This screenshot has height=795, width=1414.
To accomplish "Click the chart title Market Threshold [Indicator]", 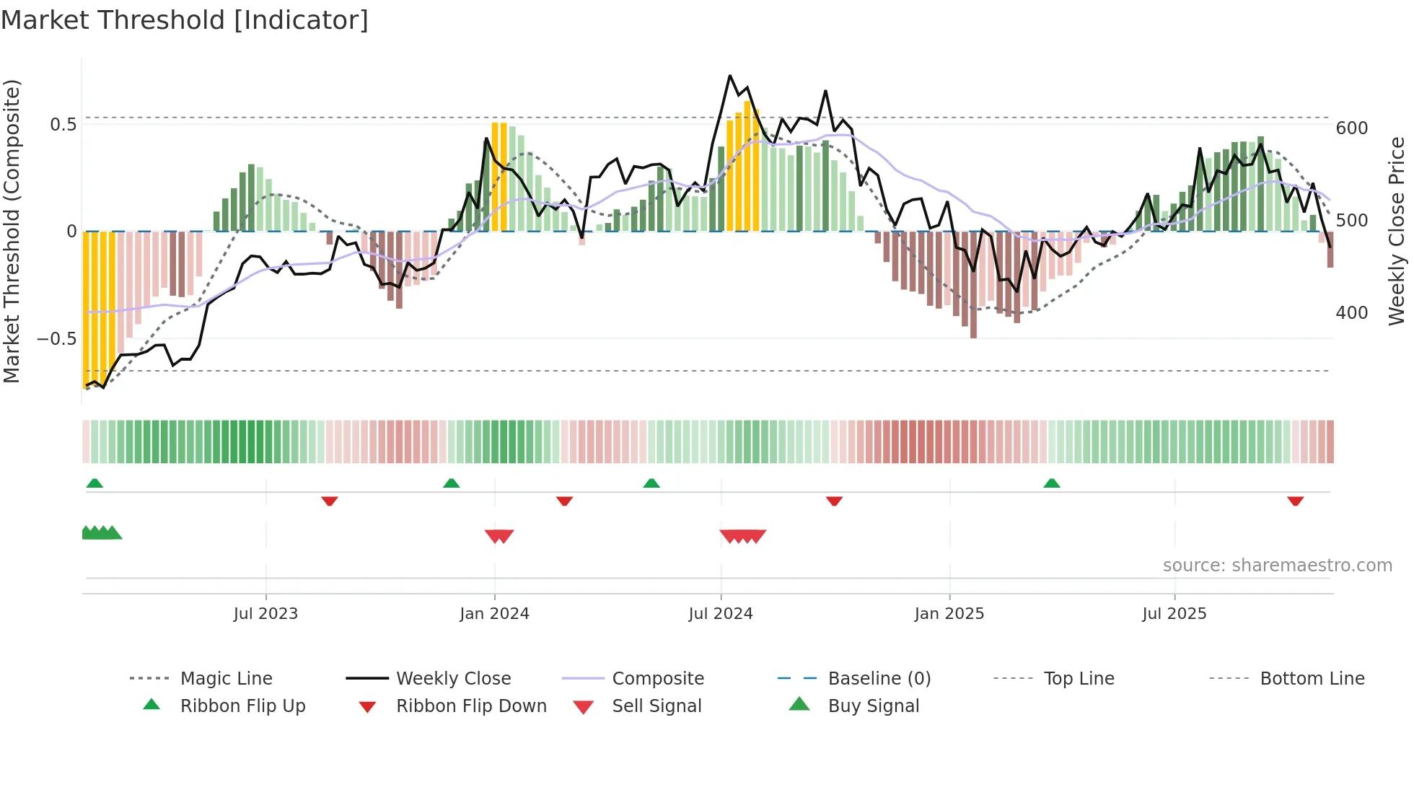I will [x=185, y=20].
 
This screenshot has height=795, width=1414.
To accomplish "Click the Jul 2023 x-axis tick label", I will [x=265, y=614].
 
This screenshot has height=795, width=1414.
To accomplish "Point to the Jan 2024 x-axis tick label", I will [x=494, y=614].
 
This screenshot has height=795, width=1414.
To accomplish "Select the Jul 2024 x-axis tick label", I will [x=720, y=614].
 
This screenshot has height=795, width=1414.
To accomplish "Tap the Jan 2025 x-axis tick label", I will [x=949, y=614].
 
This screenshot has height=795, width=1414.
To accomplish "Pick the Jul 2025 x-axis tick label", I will [x=1174, y=614].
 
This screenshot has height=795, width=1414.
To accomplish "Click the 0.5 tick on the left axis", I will [x=63, y=125].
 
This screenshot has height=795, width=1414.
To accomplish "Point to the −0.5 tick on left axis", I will [x=57, y=339].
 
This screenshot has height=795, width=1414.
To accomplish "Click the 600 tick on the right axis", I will [x=1351, y=128].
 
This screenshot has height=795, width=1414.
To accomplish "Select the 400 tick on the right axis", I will [x=1351, y=313].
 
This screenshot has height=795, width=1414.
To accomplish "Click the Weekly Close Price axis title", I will [x=1397, y=231].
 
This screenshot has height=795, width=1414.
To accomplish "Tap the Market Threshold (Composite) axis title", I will [x=12, y=231].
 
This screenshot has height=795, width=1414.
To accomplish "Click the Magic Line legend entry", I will [x=226, y=679].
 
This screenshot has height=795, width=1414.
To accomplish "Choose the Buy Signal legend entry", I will [x=873, y=706].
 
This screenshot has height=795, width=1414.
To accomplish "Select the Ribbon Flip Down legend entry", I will [x=470, y=706].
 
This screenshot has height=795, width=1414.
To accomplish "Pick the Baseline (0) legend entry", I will [x=879, y=679].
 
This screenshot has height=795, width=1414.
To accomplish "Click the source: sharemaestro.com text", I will [x=1277, y=566].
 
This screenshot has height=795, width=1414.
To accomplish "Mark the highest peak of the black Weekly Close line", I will [x=730, y=76].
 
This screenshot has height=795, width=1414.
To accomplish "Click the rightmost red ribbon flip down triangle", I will [x=1295, y=501].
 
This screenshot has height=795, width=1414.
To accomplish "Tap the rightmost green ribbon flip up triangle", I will [x=1051, y=483].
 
